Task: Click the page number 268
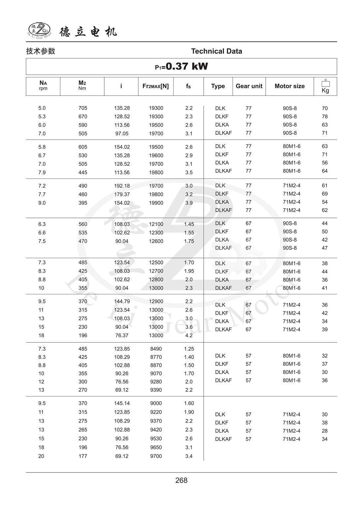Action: click(181, 480)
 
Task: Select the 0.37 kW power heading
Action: click(181, 67)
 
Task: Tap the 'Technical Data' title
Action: click(216, 51)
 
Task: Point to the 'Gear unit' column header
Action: click(249, 86)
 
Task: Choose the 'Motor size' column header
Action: click(289, 86)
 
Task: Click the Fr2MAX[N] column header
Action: click(155, 86)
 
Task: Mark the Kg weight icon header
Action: click(325, 86)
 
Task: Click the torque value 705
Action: click(83, 108)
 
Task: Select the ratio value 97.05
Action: click(122, 134)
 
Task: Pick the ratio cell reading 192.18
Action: click(122, 186)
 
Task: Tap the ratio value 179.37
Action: click(122, 194)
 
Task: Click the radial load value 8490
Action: click(156, 349)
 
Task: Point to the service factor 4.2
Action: click(189, 336)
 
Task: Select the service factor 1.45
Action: click(189, 224)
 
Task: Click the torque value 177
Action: click(83, 456)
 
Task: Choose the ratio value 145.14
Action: click(122, 403)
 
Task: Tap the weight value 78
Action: click(325, 117)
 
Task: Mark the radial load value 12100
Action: click(156, 224)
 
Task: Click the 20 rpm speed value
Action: click(41, 456)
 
